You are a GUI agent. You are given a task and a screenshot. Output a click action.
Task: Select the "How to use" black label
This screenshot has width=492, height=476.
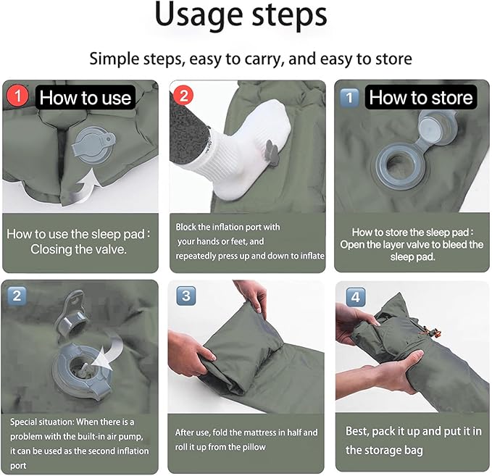[x=86, y=98]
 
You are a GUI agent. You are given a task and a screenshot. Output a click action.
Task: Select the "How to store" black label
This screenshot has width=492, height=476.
[x=420, y=98]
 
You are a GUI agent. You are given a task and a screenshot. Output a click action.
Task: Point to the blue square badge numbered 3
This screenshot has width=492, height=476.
[x=185, y=296]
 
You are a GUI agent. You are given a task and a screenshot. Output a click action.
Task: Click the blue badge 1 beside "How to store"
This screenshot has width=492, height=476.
[x=350, y=97]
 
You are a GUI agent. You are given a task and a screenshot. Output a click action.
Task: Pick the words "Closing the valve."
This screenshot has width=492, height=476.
[x=79, y=249]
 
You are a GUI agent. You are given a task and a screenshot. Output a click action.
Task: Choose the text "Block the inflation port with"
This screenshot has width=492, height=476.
[x=228, y=227]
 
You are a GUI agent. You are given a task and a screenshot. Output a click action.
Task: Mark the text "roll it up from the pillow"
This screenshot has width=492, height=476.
[x=220, y=447]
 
